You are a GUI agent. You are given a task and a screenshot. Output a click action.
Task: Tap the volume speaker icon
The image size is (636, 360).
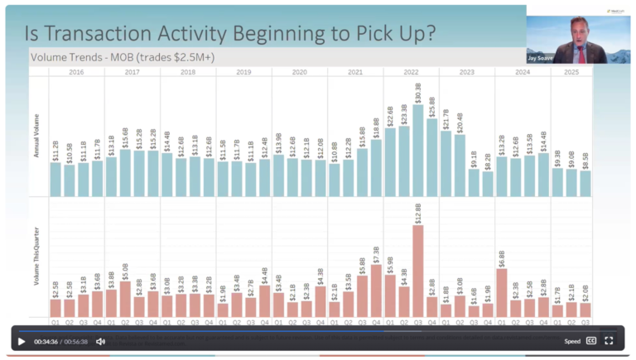(100, 341)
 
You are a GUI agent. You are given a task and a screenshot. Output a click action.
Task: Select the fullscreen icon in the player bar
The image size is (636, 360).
(609, 340)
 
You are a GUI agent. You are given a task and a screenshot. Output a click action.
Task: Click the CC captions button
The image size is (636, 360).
(591, 340)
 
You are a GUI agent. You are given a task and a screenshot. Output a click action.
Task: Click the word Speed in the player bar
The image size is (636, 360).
(572, 341)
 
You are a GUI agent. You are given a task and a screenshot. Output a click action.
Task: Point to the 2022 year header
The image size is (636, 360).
(412, 72)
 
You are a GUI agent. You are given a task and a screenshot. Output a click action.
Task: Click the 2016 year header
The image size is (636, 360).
(76, 72)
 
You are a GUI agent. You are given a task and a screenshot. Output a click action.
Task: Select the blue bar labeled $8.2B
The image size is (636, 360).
(488, 184)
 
